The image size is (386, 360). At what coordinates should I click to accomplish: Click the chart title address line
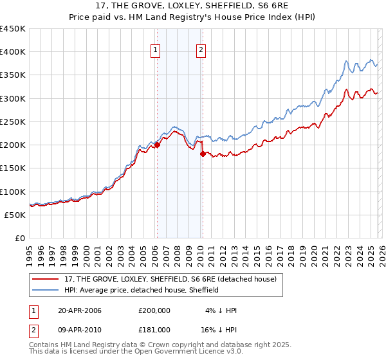pyautogui.click(x=193, y=6)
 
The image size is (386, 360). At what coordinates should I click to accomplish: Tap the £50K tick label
pyautogui.click(x=15, y=215)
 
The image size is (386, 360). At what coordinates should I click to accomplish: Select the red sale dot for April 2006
pyautogui.click(x=156, y=145)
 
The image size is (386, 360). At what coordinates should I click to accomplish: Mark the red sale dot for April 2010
pyautogui.click(x=202, y=154)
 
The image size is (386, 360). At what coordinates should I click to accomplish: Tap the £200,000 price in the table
pyautogui.click(x=154, y=310)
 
